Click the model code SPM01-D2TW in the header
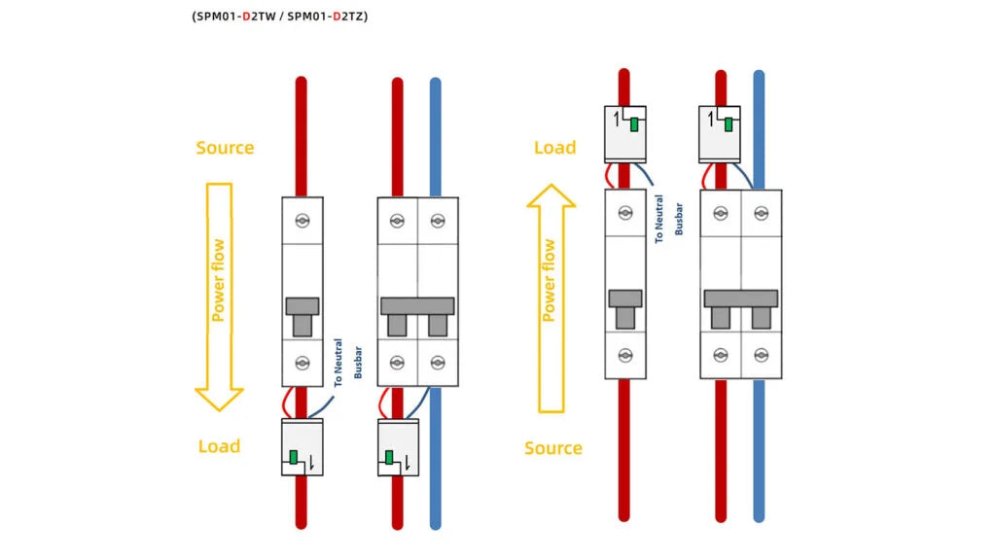tap(237, 17)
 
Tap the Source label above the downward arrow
tap(225, 148)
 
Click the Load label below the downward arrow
tap(219, 446)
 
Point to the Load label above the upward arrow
tap(554, 148)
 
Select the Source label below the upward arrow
tap(552, 448)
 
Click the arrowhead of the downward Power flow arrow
tap(219, 399)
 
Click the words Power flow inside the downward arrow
tap(219, 281)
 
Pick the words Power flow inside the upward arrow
tap(550, 281)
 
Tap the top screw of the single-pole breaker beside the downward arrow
tap(302, 221)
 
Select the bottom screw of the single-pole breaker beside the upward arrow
tap(625, 355)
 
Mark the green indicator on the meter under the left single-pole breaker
tap(293, 457)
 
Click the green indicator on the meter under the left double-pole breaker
tap(389, 457)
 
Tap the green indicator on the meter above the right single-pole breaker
tap(634, 123)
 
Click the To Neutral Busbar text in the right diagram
tap(668, 219)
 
